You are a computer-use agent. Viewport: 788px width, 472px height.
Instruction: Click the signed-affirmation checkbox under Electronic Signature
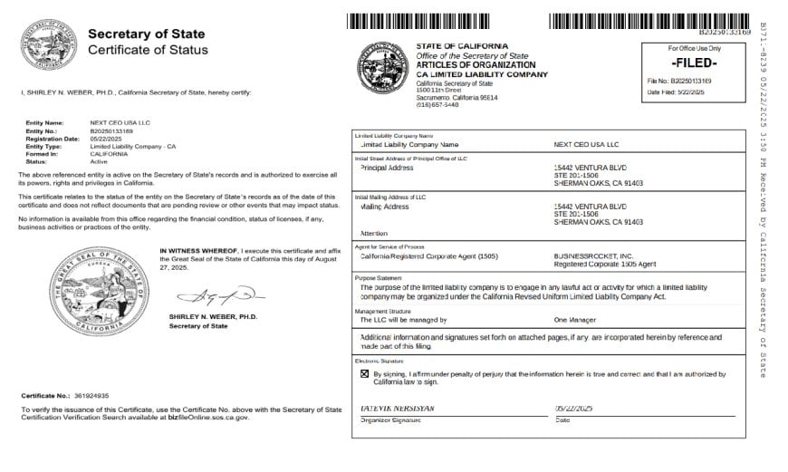coord(365,373)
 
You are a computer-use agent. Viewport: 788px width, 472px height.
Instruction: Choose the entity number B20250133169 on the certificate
coord(111,131)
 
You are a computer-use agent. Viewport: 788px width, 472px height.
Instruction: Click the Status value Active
coord(98,160)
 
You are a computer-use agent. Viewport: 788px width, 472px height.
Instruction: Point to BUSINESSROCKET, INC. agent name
coord(588,255)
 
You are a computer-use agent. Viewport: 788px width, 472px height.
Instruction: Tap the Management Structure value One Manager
coord(574,320)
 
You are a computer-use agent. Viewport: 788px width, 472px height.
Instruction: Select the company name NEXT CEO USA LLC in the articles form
coord(586,144)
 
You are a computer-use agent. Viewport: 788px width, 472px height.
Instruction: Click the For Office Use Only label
coord(695,48)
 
